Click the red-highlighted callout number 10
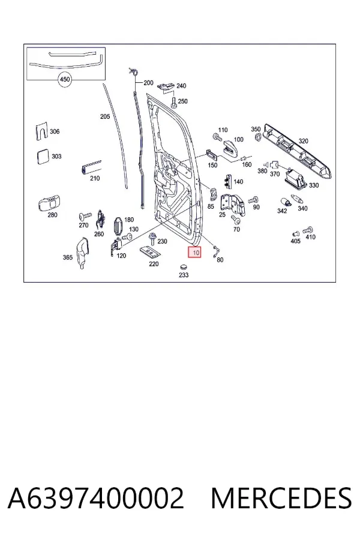tap(194, 253)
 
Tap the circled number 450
tap(65, 80)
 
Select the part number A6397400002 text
tap(96, 498)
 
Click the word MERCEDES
tap(281, 498)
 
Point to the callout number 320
tap(304, 141)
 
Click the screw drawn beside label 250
tap(173, 103)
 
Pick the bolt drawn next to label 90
tap(254, 200)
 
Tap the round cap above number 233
tap(183, 267)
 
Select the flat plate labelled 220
tap(150, 253)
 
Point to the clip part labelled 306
tap(41, 131)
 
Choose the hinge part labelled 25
tap(233, 205)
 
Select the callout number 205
tap(105, 117)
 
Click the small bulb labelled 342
tap(286, 202)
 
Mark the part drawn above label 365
tap(82, 252)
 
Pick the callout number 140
tap(238, 182)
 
